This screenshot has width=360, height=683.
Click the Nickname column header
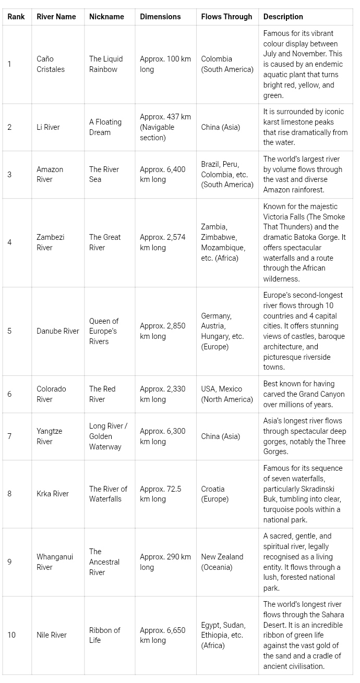pos(106,17)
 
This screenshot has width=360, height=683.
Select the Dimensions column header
pos(160,17)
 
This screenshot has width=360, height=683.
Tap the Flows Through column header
pos(226,17)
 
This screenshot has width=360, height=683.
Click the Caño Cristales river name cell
pos(51,64)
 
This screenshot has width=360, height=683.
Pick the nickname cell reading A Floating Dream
pos(105,127)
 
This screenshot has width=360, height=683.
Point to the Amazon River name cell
pos(50,175)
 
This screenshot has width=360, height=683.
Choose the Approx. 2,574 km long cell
pos(162,242)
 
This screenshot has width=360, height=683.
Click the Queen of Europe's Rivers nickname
pos(104,331)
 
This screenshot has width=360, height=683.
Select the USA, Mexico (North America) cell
pos(227,394)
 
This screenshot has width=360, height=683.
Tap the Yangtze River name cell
pos(49,436)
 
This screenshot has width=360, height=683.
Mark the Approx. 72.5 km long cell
pos(161,494)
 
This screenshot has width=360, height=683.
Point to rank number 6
pos(9,394)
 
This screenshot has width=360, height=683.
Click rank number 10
pos(11,635)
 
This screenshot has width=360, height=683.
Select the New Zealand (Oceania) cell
pos(222,562)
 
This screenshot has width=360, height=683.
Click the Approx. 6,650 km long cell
pos(162,635)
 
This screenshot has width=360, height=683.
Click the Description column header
pos(283,17)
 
